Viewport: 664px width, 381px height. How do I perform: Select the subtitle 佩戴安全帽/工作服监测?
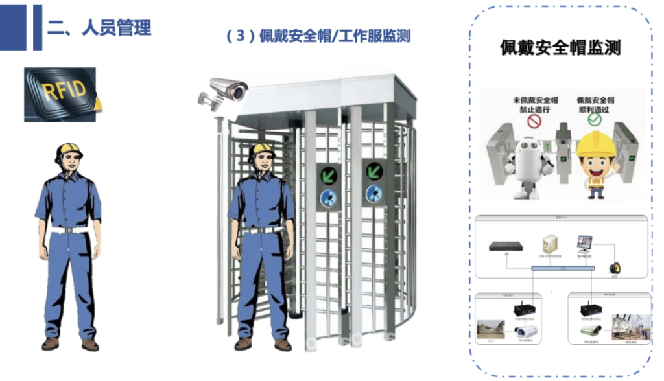tap(318, 36)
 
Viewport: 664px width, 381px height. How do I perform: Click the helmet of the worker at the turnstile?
tap(261, 150)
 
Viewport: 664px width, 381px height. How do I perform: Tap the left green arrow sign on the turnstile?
tap(329, 174)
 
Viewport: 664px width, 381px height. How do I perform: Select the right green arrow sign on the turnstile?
tap(374, 171)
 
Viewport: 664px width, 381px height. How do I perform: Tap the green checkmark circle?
tap(595, 120)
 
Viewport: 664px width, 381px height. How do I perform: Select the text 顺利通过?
tap(595, 110)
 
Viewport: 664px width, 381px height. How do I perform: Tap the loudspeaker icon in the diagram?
tap(613, 268)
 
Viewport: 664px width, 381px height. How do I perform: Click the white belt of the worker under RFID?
tap(68, 229)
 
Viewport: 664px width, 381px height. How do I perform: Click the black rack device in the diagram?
tap(506, 246)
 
